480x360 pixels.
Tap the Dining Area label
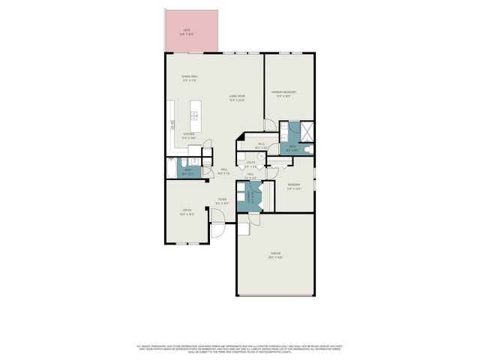click(x=189, y=78)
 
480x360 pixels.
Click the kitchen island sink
click(x=193, y=115)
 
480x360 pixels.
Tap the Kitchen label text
click(x=188, y=136)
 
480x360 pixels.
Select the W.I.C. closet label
click(x=261, y=146)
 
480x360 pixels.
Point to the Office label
click(x=187, y=211)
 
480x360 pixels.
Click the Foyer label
click(x=222, y=201)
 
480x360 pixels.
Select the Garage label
click(x=275, y=255)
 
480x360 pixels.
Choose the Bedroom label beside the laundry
click(x=294, y=187)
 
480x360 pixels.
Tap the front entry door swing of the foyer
click(x=217, y=217)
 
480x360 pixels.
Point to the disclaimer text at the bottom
click(x=240, y=348)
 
